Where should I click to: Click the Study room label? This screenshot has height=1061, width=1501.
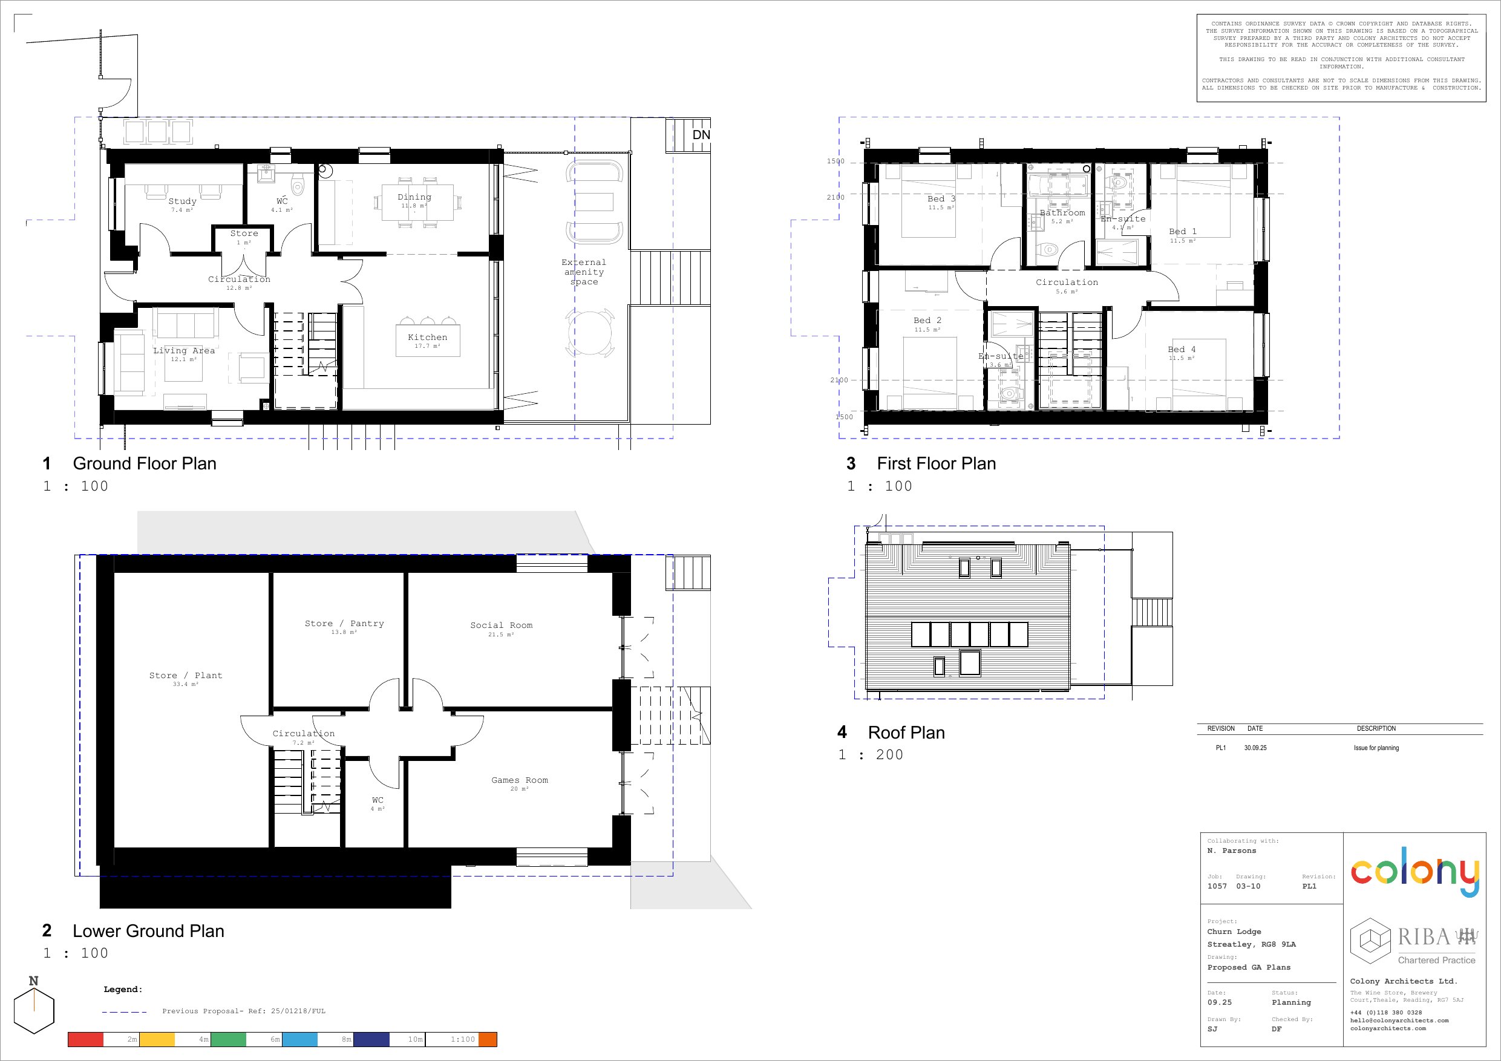click(x=181, y=201)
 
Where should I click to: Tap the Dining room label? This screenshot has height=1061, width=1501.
click(x=414, y=197)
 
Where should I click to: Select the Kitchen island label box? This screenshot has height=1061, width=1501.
click(x=428, y=340)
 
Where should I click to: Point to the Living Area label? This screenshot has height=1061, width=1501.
click(x=184, y=350)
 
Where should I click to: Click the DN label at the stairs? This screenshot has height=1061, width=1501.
click(x=701, y=135)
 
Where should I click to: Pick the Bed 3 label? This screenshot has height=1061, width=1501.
click(x=941, y=199)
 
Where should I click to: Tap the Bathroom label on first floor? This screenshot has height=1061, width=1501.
click(x=1062, y=212)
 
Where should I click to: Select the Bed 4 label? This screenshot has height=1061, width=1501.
click(x=1182, y=350)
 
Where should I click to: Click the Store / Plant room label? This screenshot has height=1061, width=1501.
click(x=186, y=675)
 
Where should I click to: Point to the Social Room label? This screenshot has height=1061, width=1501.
click(x=502, y=625)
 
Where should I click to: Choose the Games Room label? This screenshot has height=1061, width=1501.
click(x=520, y=780)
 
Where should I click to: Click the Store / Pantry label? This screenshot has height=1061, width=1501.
click(x=344, y=624)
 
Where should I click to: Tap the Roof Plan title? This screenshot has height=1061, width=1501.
click(x=906, y=733)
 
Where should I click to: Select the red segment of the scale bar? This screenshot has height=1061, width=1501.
click(x=86, y=1039)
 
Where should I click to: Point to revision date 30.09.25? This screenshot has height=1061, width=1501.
click(x=1255, y=748)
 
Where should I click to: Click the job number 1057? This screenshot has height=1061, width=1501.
click(x=1217, y=886)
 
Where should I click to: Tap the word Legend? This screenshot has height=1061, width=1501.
click(x=123, y=989)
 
